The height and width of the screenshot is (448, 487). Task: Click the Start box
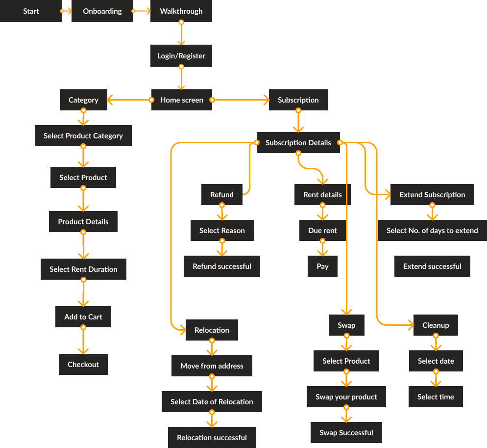tap(31, 11)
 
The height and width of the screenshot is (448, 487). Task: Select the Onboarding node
tap(102, 11)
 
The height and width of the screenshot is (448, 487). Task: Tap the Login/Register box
tap(181, 56)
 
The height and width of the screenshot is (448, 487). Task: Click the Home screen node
tap(181, 100)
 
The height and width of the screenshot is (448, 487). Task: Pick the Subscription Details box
tap(298, 143)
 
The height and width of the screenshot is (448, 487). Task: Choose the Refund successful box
tap(222, 266)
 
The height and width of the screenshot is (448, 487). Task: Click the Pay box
tap(322, 266)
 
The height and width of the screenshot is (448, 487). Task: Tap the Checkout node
tap(83, 365)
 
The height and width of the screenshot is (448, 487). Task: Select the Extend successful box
tap(432, 266)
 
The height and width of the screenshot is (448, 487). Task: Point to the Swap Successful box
tap(346, 433)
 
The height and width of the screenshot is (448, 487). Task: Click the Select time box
tap(436, 397)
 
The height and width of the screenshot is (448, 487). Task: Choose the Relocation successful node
tap(212, 438)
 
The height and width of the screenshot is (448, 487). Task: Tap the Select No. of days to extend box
tap(432, 231)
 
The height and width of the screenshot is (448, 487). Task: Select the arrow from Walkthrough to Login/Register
tap(181, 34)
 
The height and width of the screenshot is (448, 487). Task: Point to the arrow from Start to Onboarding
tap(67, 11)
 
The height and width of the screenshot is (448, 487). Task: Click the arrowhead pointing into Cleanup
tap(411, 325)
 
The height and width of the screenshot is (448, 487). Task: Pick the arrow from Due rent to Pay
tap(322, 248)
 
